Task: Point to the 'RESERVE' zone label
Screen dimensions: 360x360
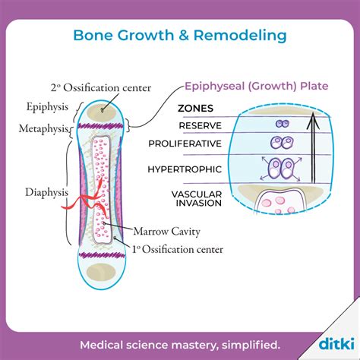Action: tap(200, 125)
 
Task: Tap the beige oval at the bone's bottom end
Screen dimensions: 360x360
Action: tap(96, 272)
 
